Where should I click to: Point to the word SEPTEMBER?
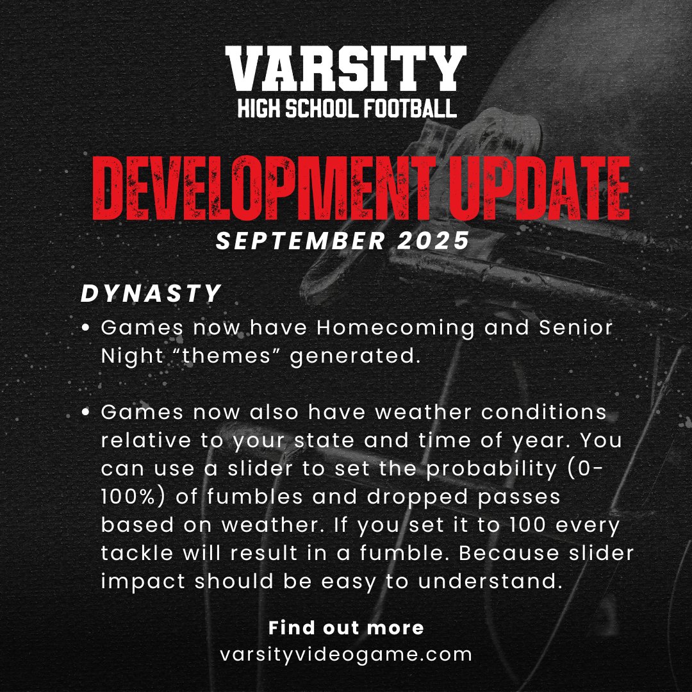click(x=297, y=242)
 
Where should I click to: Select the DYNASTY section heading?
click(x=151, y=294)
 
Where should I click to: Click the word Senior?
click(x=575, y=328)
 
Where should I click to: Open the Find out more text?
click(x=346, y=627)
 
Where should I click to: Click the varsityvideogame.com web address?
click(x=346, y=655)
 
